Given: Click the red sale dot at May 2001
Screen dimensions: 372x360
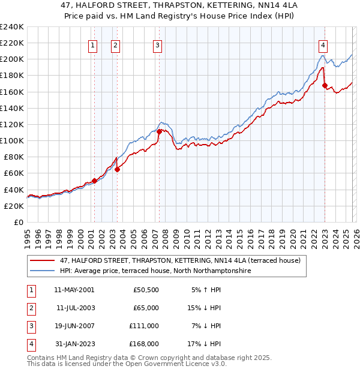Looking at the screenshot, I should [94, 181].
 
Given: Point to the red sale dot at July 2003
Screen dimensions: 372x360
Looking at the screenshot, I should [117, 169].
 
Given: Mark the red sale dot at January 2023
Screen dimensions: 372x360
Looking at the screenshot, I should [325, 85].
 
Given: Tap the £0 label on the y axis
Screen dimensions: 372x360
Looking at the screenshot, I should [18, 222].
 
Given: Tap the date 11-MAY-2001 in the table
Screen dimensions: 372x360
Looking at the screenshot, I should [74, 289].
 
